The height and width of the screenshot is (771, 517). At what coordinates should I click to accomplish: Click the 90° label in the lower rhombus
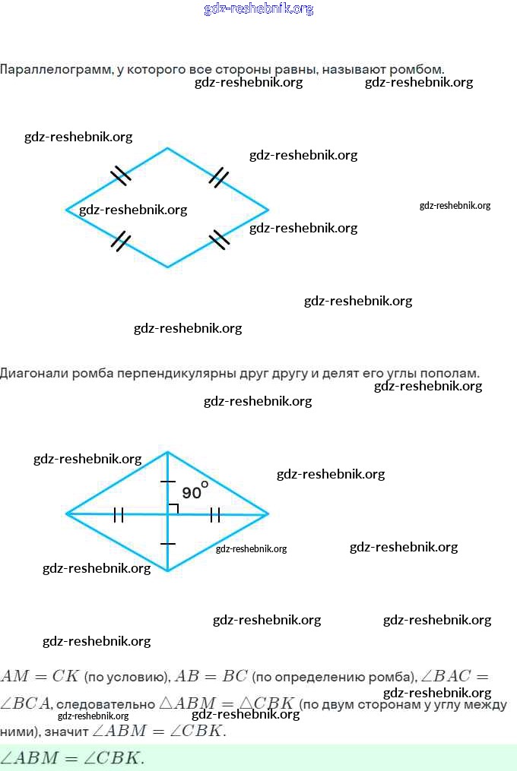pyautogui.click(x=194, y=491)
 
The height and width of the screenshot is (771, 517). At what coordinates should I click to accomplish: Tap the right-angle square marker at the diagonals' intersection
pyautogui.click(x=173, y=508)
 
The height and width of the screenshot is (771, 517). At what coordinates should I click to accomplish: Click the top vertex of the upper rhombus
pyautogui.click(x=168, y=148)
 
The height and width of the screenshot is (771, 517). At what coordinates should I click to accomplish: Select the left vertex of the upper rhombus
pyautogui.click(x=67, y=209)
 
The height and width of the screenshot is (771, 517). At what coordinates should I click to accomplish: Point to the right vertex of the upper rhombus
pyautogui.click(x=268, y=209)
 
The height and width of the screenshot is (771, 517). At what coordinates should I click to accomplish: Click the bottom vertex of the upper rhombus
pyautogui.click(x=168, y=267)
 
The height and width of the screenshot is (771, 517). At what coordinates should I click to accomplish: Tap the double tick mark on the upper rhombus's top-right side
pyautogui.click(x=219, y=177)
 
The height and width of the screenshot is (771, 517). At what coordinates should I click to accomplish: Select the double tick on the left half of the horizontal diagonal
pyautogui.click(x=119, y=515)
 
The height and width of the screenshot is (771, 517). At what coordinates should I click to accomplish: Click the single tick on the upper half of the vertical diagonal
pyautogui.click(x=168, y=482)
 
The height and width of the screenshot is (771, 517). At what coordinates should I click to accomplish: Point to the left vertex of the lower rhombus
pyautogui.click(x=67, y=513)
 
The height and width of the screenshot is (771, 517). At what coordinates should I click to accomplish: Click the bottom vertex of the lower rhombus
pyautogui.click(x=168, y=571)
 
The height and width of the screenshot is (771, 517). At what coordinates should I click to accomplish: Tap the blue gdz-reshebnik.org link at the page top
pyautogui.click(x=258, y=9)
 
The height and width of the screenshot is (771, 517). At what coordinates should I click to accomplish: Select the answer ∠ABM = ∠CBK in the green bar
pyautogui.click(x=72, y=758)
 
